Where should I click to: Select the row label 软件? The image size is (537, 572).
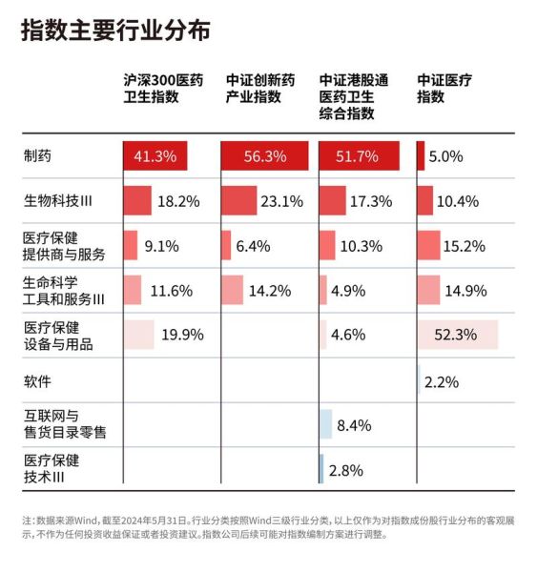pos(37,381)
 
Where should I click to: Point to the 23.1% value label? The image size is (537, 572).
pos(282,201)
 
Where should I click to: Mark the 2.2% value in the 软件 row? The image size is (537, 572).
pos(442,381)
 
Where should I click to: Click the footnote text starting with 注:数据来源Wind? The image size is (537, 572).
pos(267,528)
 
